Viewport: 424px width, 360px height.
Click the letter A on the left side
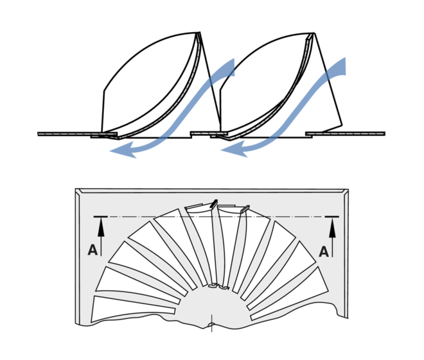click(93, 251)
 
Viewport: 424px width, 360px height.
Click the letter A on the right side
click(324, 251)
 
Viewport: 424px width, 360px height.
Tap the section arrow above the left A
click(100, 224)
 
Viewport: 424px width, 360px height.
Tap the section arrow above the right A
click(333, 224)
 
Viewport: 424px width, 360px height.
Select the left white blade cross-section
click(148, 90)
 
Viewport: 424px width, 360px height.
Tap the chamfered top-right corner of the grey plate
click(346, 192)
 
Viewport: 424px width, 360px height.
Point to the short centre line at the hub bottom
click(211, 319)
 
